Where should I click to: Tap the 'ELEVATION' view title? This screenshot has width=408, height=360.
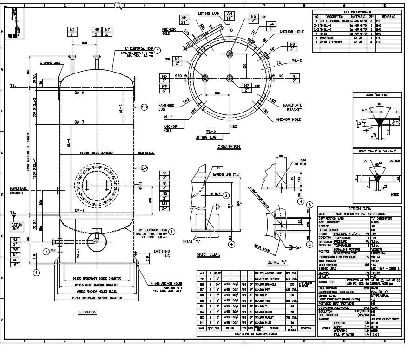click(x=87, y=312)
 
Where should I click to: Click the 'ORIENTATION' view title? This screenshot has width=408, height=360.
click(x=229, y=147)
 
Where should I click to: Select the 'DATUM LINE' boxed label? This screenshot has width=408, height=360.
click(x=17, y=227)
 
